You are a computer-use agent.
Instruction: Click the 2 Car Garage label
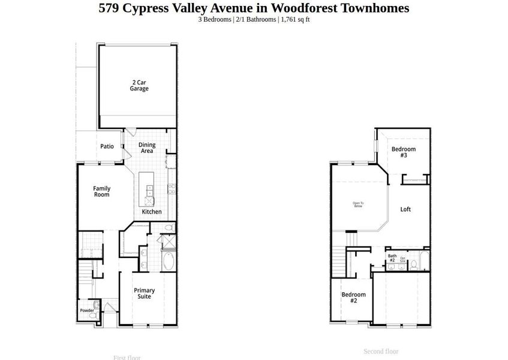pyautogui.click(x=139, y=85)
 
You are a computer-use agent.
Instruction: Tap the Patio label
pyautogui.click(x=107, y=146)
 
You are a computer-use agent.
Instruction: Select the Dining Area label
pyautogui.click(x=147, y=148)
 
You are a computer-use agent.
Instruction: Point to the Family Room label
pyautogui.click(x=101, y=191)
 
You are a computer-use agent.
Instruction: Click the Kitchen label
pyautogui.click(x=151, y=212)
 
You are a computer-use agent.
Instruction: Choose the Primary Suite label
pyautogui.click(x=144, y=293)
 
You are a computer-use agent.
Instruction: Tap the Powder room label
pyautogui.click(x=87, y=310)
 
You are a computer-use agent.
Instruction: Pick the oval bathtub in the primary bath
pyautogui.click(x=168, y=262)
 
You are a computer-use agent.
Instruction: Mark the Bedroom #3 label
pyautogui.click(x=404, y=152)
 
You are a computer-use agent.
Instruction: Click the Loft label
pyautogui.click(x=405, y=209)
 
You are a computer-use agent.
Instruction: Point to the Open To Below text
pyautogui.click(x=357, y=205)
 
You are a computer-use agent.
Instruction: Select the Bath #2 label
pyautogui.click(x=392, y=258)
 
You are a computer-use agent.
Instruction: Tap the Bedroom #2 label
pyautogui.click(x=353, y=297)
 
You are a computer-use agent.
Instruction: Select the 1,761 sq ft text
pyautogui.click(x=294, y=19)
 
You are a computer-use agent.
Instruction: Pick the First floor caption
pyautogui.click(x=127, y=358)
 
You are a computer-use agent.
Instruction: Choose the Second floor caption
pyautogui.click(x=381, y=351)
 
